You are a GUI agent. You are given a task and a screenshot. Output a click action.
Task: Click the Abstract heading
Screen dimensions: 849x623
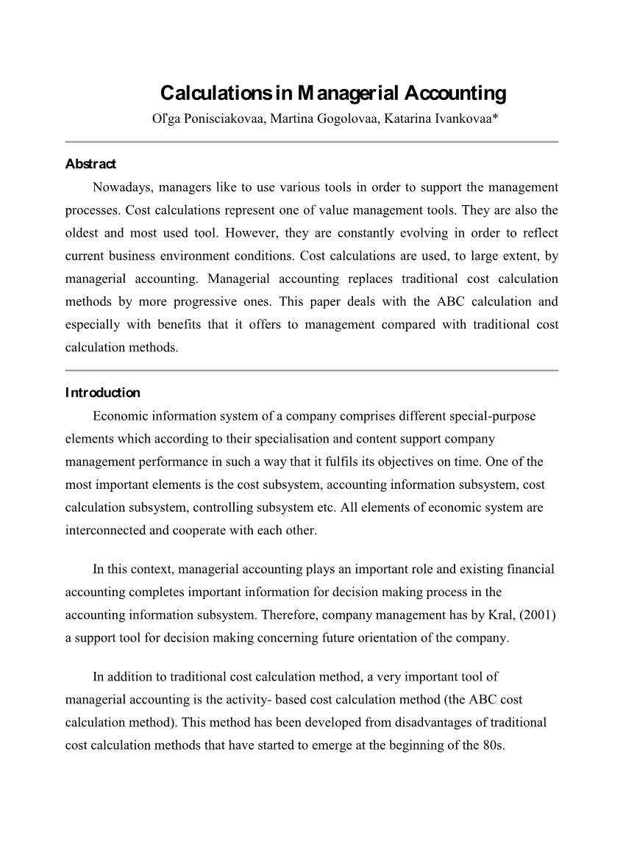90,164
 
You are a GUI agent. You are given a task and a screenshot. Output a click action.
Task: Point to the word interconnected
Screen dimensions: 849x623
106,530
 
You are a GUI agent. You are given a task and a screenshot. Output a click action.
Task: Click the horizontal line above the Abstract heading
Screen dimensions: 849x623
312,141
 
